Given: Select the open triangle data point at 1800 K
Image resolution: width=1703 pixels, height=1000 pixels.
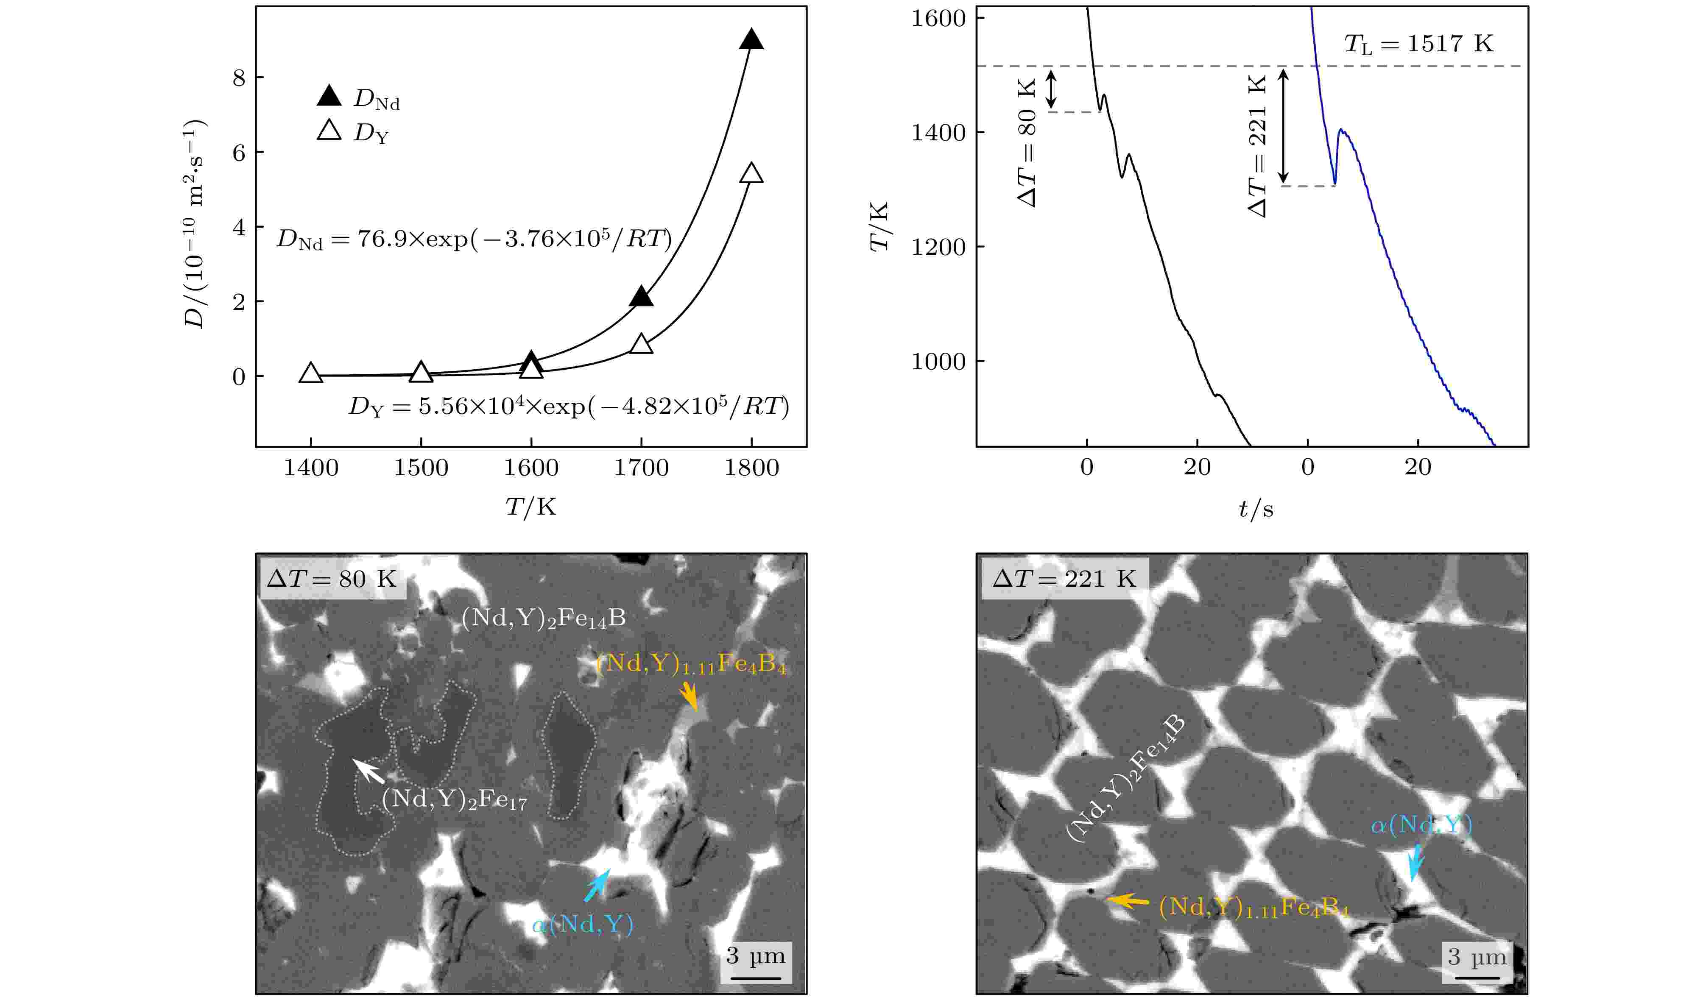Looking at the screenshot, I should pyautogui.click(x=751, y=174).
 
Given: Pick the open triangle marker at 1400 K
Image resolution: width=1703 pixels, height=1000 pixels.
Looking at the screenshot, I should pyautogui.click(x=311, y=373).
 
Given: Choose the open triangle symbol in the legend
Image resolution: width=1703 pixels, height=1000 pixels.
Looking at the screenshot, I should pyautogui.click(x=329, y=131).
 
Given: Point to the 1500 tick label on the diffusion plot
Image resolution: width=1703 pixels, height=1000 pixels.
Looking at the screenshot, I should pyautogui.click(x=421, y=468).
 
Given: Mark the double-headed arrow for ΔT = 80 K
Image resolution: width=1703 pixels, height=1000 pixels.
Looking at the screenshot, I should pyautogui.click(x=1051, y=89).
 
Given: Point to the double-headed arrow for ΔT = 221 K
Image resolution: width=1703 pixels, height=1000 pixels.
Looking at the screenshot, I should pyautogui.click(x=1285, y=125).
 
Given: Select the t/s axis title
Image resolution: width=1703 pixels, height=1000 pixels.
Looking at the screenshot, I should pyautogui.click(x=1256, y=508).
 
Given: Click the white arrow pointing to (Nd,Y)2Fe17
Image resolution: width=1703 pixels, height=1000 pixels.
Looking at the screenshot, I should pyautogui.click(x=369, y=771).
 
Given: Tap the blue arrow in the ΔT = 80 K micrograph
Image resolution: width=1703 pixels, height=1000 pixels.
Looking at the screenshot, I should pyautogui.click(x=596, y=886).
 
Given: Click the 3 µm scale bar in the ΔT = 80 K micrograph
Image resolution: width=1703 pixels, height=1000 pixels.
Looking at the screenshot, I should pyautogui.click(x=756, y=978).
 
